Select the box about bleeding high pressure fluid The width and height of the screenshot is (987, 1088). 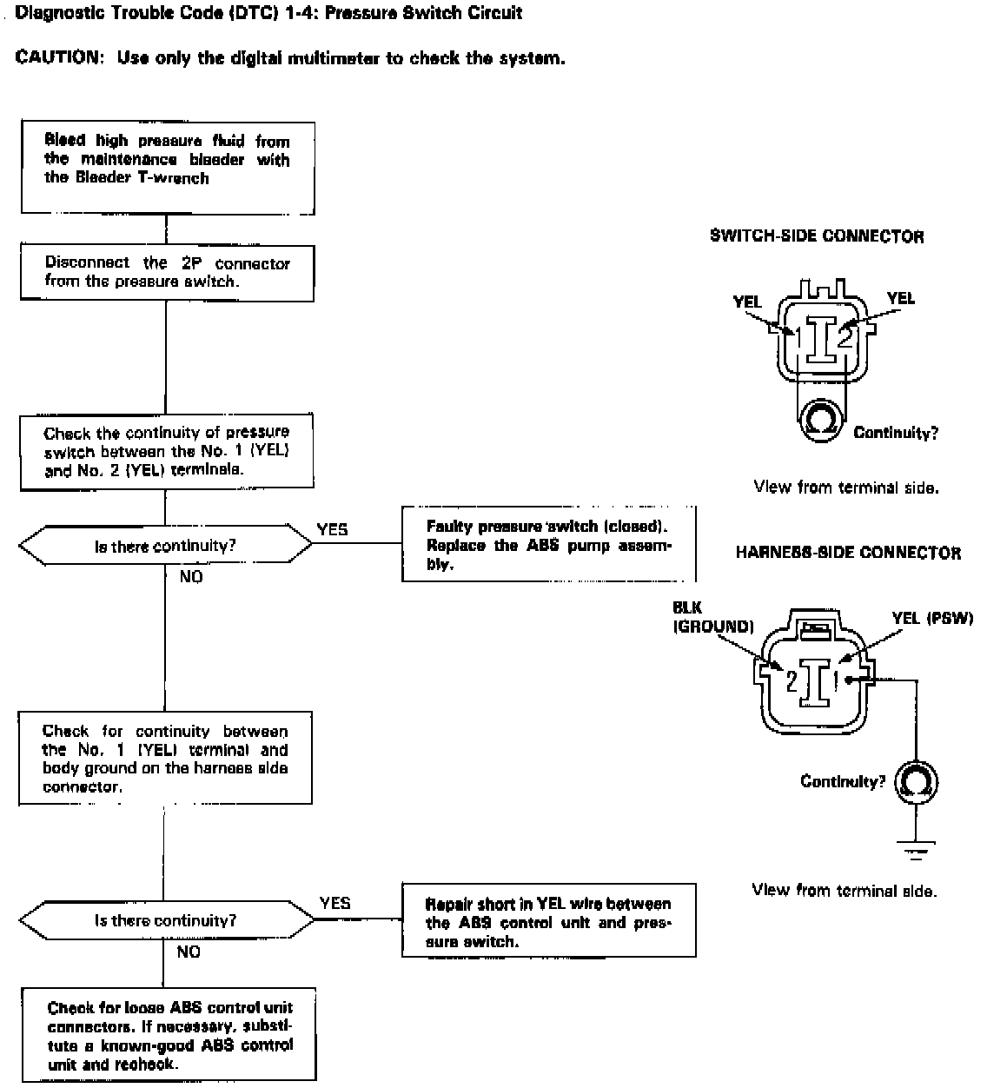[168, 168]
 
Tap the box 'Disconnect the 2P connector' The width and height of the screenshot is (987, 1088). [167, 273]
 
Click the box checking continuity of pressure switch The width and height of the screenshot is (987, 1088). [167, 452]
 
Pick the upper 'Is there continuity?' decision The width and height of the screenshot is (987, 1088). [165, 545]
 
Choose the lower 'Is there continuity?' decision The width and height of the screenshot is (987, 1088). [166, 920]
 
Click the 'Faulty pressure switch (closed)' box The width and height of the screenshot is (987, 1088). [548, 544]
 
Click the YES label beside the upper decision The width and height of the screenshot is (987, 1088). [333, 529]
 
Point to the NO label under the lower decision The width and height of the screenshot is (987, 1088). [189, 952]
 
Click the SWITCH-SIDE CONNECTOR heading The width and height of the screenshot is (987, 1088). [817, 236]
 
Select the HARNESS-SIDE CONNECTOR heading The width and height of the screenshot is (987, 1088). [848, 553]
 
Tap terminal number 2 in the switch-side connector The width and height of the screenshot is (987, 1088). [845, 337]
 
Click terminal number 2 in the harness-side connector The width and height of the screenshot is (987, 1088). [792, 681]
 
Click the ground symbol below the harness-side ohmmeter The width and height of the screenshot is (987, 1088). [916, 851]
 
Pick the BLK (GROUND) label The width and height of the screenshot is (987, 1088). [713, 617]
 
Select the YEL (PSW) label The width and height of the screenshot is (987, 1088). [932, 618]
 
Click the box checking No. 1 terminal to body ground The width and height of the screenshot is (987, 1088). [165, 759]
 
